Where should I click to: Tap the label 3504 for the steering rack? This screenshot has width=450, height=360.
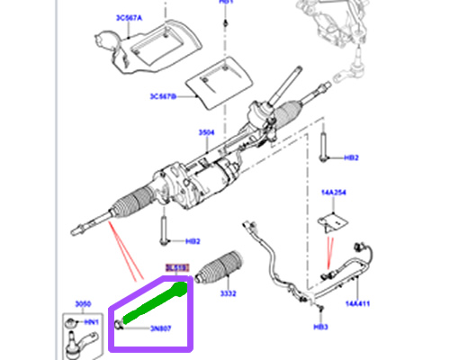coord(207,132)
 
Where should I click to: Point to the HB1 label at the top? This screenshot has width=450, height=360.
coord(226,3)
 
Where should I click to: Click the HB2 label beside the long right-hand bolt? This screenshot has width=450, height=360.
coord(351,157)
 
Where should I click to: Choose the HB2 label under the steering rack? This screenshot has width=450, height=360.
coord(192,241)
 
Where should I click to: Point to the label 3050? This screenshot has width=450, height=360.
coord(84,307)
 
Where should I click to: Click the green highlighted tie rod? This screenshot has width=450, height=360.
coord(155,302)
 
